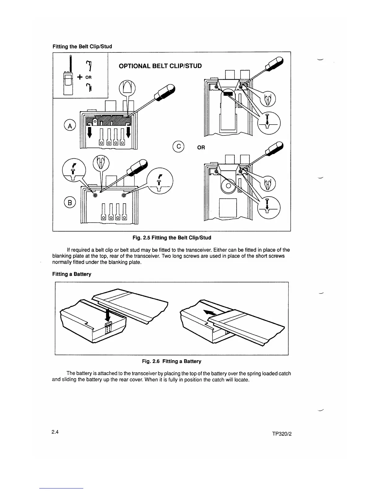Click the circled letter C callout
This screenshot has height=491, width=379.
click(179, 147)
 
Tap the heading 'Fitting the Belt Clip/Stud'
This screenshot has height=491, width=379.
click(82, 46)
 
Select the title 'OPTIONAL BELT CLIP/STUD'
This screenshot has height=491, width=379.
click(160, 66)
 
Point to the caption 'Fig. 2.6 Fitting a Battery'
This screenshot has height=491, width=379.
click(172, 361)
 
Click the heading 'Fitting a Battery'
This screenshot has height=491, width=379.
click(72, 274)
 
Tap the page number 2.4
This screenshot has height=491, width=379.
click(56, 432)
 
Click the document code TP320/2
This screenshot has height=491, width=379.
click(281, 434)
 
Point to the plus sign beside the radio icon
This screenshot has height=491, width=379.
click(80, 77)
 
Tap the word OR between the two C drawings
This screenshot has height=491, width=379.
click(201, 147)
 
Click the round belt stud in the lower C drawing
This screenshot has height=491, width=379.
click(228, 186)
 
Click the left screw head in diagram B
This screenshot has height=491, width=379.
click(95, 195)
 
